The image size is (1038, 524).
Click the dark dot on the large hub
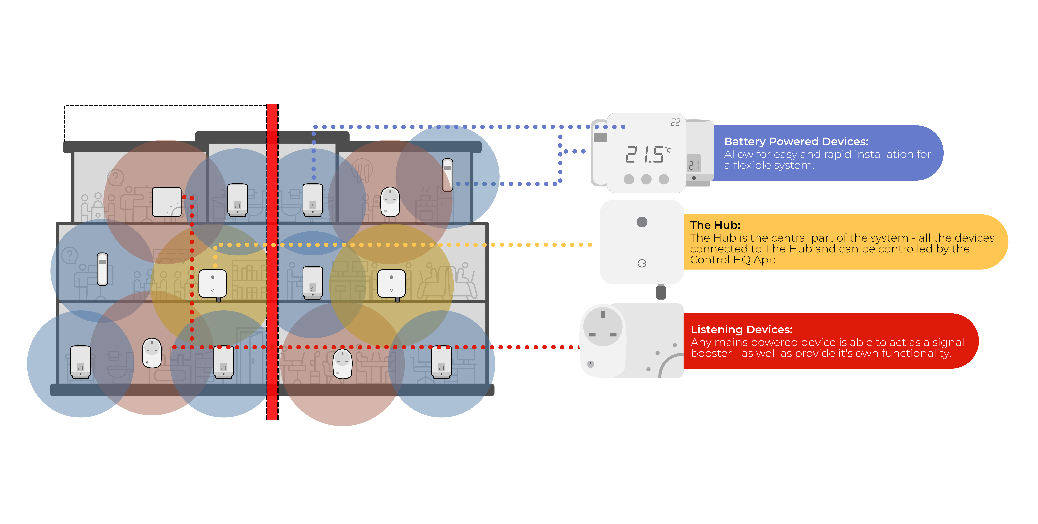[x=642, y=222]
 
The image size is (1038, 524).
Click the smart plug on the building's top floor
[x=390, y=202]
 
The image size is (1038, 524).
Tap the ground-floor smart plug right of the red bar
[x=343, y=364]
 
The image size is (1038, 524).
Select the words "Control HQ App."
[x=734, y=260]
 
